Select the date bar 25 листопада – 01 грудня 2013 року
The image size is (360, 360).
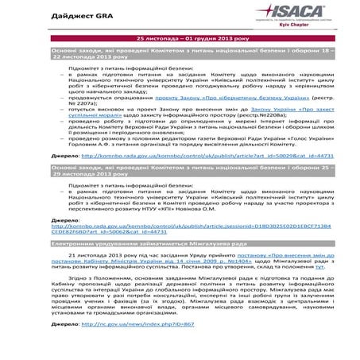point(180,37)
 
